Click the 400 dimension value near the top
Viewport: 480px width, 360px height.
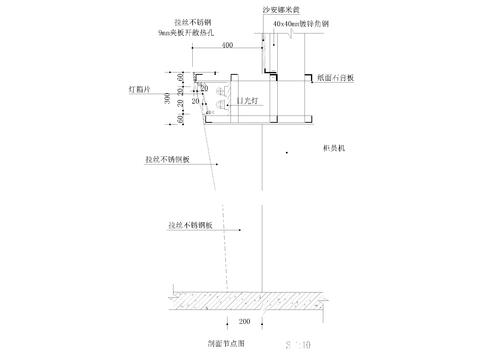click(228, 46)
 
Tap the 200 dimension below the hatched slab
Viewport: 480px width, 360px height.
click(244, 321)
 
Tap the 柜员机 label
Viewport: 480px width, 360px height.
click(333, 148)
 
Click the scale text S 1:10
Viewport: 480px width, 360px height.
click(299, 343)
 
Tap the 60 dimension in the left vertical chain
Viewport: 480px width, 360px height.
click(176, 119)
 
